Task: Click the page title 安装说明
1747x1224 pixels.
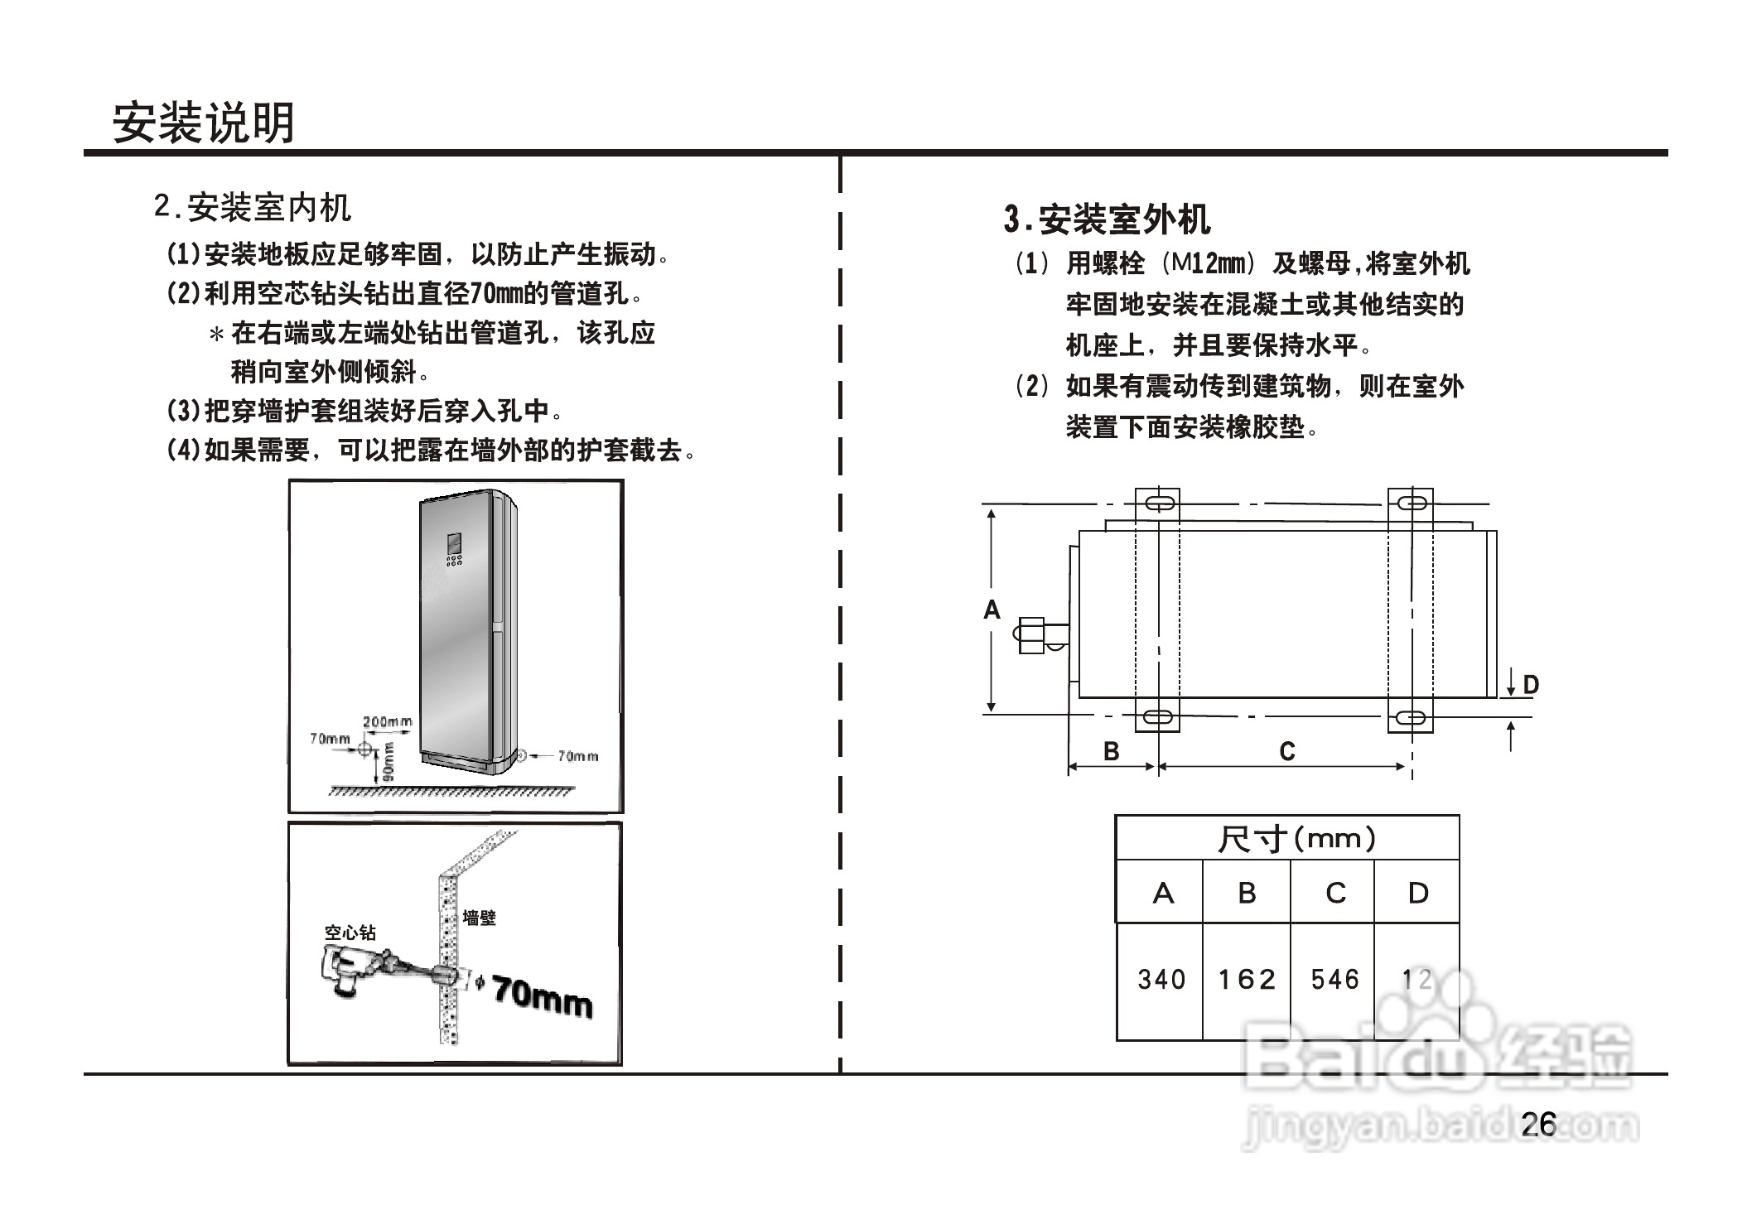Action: click(204, 124)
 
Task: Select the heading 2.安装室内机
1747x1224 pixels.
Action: click(253, 207)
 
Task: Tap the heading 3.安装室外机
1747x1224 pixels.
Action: click(1107, 220)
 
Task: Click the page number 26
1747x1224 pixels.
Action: click(1539, 1124)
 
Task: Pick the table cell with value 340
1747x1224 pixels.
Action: click(1161, 980)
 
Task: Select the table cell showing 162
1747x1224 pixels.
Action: click(1247, 980)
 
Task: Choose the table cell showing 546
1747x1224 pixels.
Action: click(1334, 980)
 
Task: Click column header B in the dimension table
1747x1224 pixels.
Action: click(1247, 893)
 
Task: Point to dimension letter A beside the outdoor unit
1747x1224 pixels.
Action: click(992, 610)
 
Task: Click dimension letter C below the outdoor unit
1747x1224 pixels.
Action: click(1286, 751)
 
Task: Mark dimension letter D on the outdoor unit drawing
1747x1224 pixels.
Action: click(1531, 685)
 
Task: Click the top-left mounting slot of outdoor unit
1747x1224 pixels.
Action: click(1157, 503)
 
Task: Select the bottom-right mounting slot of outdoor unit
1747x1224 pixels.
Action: click(1410, 717)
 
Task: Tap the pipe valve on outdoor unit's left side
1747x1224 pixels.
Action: click(1031, 635)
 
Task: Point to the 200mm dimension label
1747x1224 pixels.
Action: click(387, 722)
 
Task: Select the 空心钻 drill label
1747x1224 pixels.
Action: click(350, 932)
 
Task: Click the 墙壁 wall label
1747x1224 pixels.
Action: click(480, 918)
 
